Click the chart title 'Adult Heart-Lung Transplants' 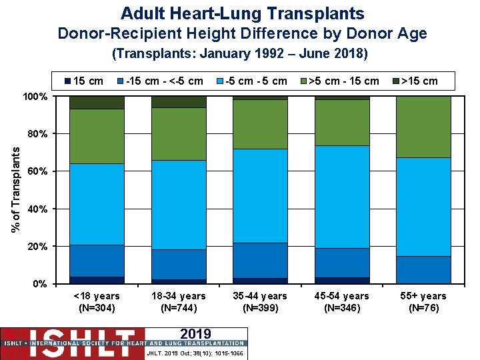pyautogui.click(x=243, y=13)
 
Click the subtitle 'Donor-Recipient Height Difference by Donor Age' pyautogui.click(x=242, y=33)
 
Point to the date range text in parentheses pyautogui.click(x=240, y=53)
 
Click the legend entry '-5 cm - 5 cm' pyautogui.click(x=256, y=81)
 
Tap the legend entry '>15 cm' pyautogui.click(x=419, y=81)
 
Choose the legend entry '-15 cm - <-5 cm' pyautogui.click(x=164, y=81)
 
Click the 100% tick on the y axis pyautogui.click(x=34, y=97)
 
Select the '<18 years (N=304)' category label pyautogui.click(x=97, y=301)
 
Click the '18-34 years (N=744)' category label pyautogui.click(x=179, y=301)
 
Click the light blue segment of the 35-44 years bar pyautogui.click(x=260, y=196)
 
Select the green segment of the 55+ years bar pyautogui.click(x=423, y=127)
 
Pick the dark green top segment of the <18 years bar pyautogui.click(x=97, y=102)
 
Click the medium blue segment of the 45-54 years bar pyautogui.click(x=342, y=263)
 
